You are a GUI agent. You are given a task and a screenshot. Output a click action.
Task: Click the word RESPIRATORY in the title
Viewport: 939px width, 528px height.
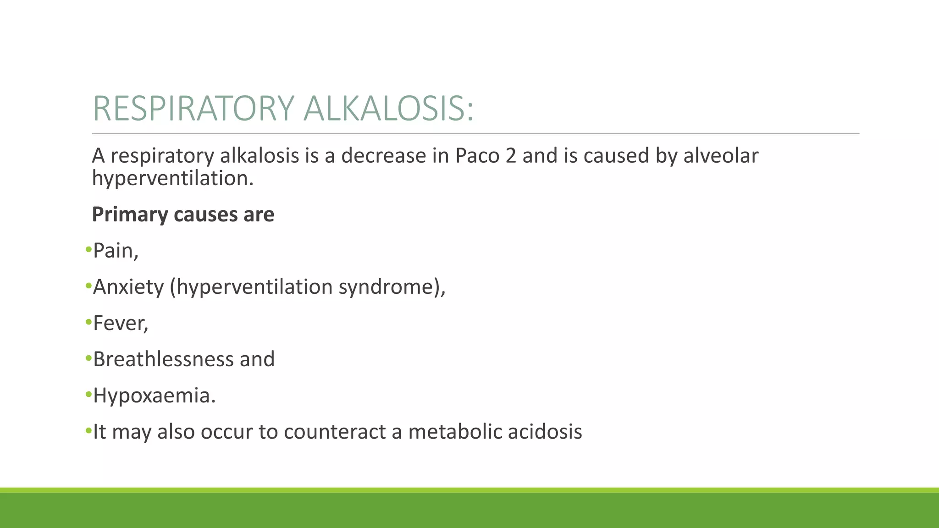pos(193,109)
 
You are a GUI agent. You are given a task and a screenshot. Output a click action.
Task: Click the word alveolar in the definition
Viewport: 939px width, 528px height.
pos(721,156)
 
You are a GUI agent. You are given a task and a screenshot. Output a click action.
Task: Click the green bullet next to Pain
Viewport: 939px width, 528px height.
pos(88,250)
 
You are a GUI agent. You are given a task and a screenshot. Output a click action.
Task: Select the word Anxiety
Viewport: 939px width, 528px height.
pos(128,287)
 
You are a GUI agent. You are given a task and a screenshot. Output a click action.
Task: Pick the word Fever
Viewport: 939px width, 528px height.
pos(118,323)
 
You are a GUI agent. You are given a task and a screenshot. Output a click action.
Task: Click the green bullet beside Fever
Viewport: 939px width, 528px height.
pos(88,323)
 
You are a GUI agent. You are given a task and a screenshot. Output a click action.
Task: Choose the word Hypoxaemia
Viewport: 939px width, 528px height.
pos(151,396)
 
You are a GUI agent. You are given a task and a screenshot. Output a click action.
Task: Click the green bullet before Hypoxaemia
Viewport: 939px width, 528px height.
pos(88,395)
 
